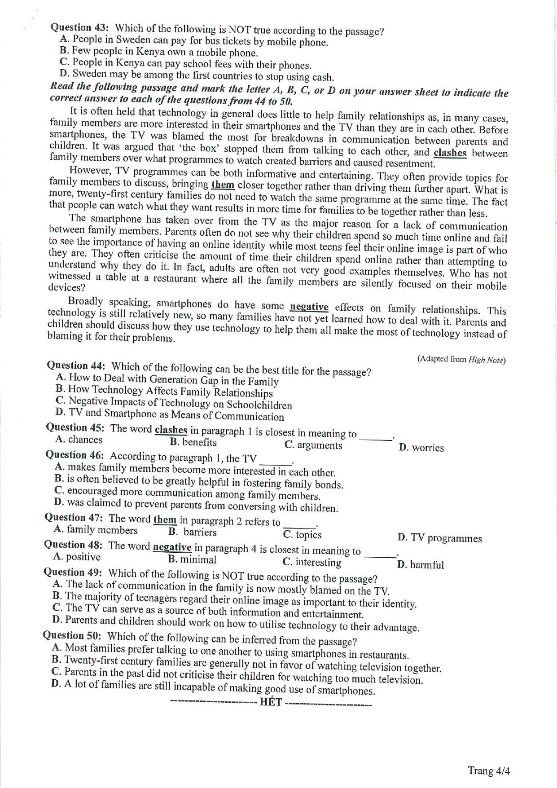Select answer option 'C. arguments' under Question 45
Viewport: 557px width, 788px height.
(313, 445)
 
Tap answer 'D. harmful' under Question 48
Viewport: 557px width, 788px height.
(420, 564)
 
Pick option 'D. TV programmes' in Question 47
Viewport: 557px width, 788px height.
(439, 538)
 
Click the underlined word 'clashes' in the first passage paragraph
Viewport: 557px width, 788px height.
(450, 153)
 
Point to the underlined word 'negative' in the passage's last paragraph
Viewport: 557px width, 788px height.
(309, 307)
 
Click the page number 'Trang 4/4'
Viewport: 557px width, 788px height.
(489, 771)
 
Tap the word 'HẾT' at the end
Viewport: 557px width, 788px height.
(271, 701)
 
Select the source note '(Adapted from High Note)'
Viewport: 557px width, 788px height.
(461, 359)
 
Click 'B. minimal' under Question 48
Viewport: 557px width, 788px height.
(192, 559)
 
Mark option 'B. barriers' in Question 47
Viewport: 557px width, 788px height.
(193, 532)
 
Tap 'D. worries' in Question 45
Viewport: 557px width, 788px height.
(421, 448)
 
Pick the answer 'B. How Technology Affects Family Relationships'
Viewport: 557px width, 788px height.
(164, 391)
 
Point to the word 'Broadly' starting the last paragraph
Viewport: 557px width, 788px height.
(85, 301)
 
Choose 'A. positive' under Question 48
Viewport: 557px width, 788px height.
(77, 557)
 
